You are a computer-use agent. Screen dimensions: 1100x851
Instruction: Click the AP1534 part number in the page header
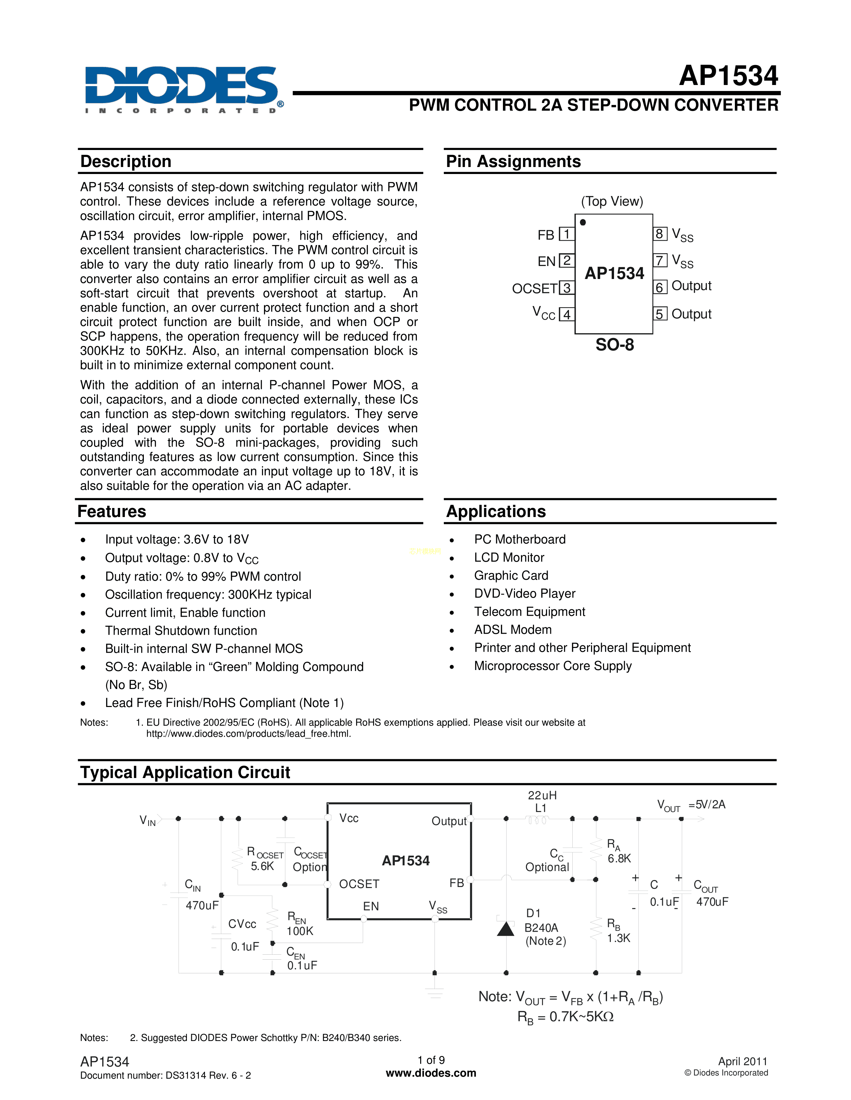click(x=729, y=76)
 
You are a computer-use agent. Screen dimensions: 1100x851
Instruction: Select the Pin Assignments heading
click(x=513, y=161)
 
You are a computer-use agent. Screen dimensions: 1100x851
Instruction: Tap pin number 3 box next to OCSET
click(x=567, y=288)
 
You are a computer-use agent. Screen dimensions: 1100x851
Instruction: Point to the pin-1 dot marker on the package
click(x=583, y=222)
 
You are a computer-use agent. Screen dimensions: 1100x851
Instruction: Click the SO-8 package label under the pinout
click(x=614, y=345)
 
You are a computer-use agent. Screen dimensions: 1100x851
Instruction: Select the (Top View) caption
click(x=612, y=201)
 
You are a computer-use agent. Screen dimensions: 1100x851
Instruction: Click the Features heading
click(x=112, y=511)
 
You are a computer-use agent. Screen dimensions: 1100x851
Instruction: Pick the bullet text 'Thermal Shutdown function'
click(x=181, y=631)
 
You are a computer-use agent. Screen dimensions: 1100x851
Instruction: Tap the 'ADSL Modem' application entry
click(x=513, y=630)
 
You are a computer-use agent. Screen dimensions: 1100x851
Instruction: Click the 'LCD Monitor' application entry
click(x=509, y=558)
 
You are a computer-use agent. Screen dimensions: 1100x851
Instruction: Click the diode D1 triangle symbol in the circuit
click(x=506, y=928)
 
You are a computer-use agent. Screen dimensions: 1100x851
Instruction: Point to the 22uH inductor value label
click(x=542, y=795)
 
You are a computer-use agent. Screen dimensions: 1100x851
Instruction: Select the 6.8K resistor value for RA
click(x=619, y=859)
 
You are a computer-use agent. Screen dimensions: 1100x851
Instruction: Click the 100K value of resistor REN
click(x=300, y=931)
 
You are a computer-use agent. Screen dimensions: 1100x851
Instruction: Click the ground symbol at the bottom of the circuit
click(x=434, y=993)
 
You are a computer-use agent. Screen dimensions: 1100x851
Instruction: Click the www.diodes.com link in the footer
click(x=431, y=1073)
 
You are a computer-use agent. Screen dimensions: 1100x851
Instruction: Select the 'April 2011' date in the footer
click(x=743, y=1061)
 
